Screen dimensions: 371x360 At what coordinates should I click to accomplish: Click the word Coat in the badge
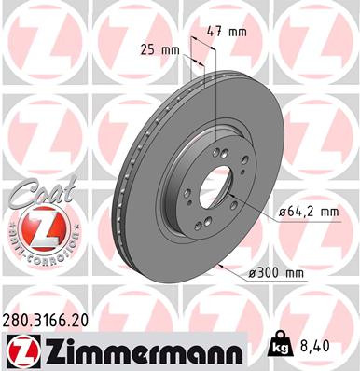pos(34,194)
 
